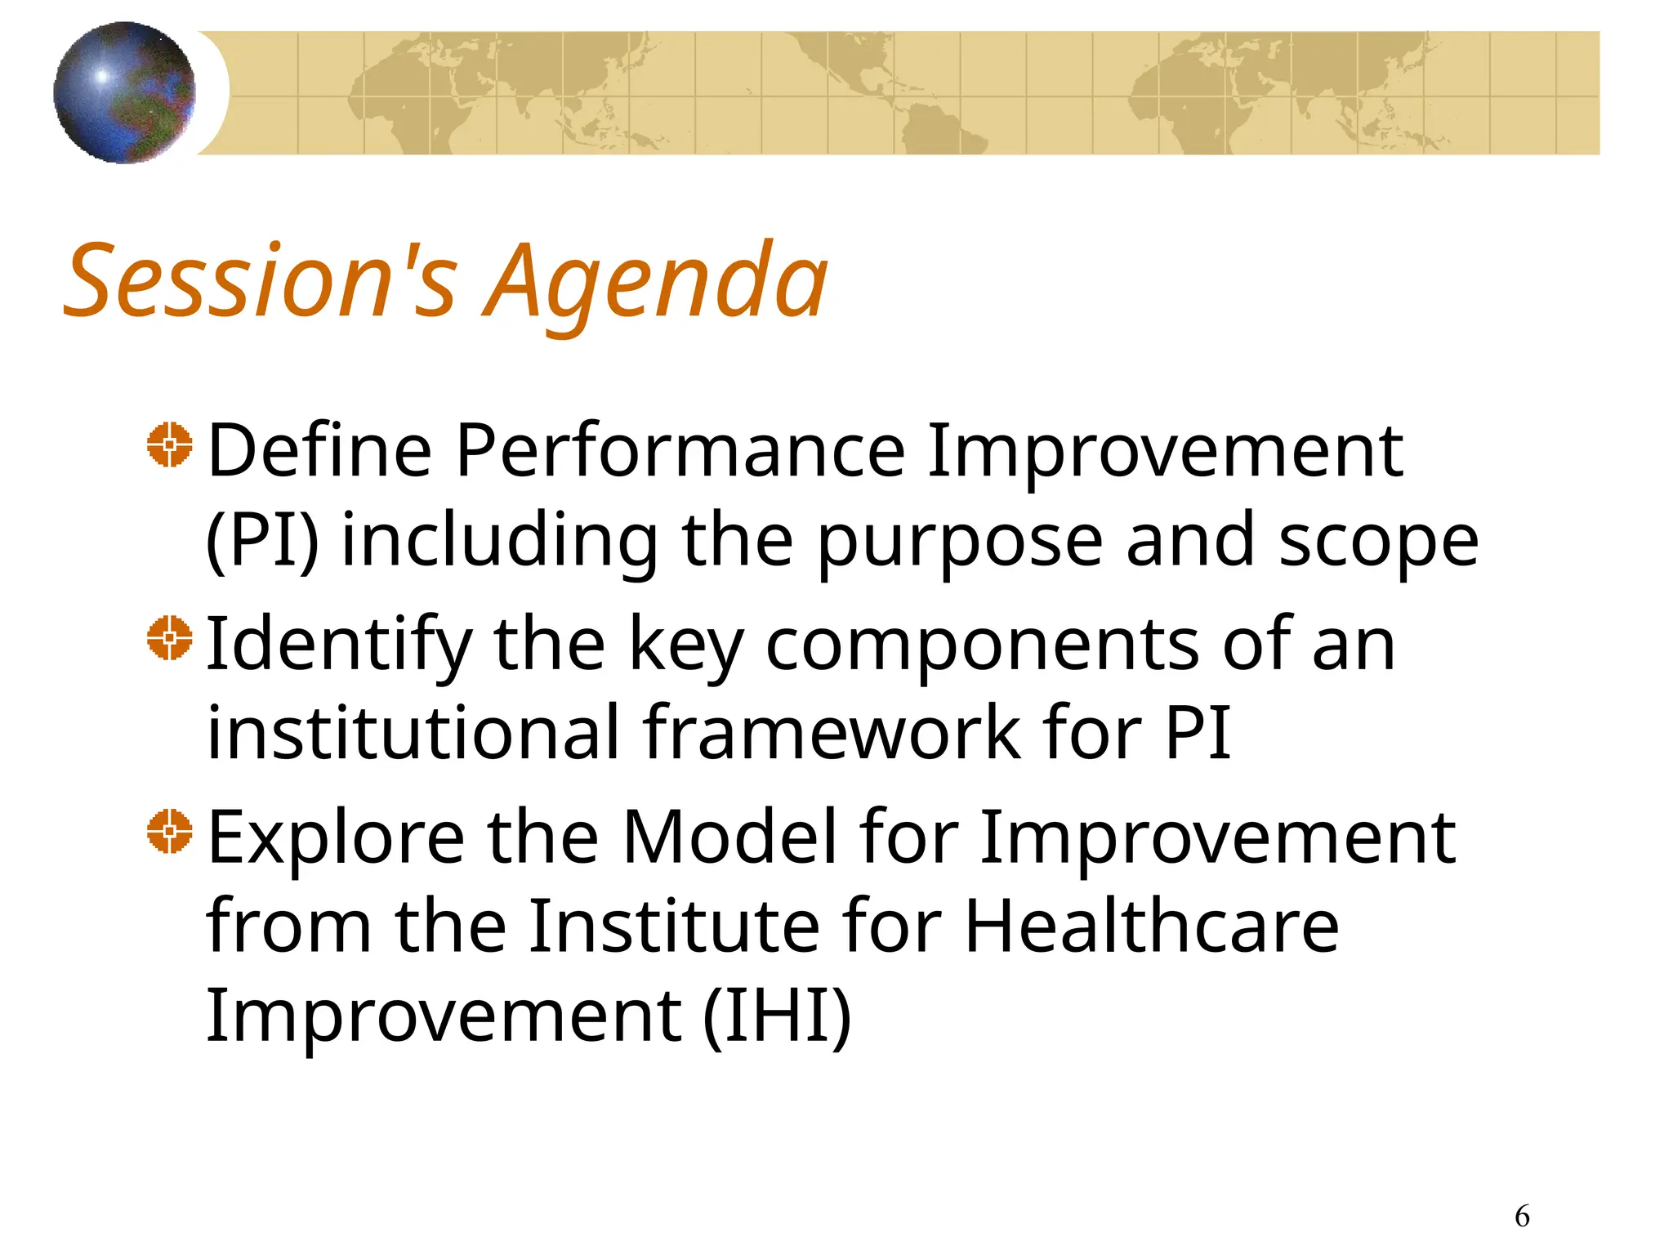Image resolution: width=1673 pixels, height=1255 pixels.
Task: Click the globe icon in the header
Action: [x=124, y=92]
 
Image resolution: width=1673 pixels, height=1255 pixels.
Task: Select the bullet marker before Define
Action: [x=170, y=445]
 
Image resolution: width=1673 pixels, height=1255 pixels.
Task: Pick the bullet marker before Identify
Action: [x=170, y=638]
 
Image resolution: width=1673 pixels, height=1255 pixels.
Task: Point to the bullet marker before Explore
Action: [x=170, y=832]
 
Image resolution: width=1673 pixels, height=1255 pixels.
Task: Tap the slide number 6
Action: [x=1522, y=1217]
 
